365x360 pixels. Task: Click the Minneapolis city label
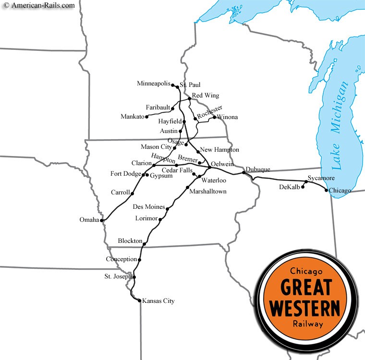pyautogui.click(x=153, y=84)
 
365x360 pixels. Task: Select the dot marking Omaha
pyautogui.click(x=102, y=220)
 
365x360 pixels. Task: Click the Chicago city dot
pyautogui.click(x=327, y=191)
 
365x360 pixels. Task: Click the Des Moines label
pyautogui.click(x=148, y=207)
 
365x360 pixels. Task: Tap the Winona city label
pyautogui.click(x=227, y=117)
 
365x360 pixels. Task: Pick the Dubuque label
pyautogui.click(x=258, y=169)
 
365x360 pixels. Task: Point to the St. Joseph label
pyautogui.click(x=118, y=276)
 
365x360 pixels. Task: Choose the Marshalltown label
pyautogui.click(x=207, y=192)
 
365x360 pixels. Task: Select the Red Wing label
pyautogui.click(x=205, y=96)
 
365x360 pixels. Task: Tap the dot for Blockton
pyautogui.click(x=145, y=244)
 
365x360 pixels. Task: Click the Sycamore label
pyautogui.click(x=321, y=178)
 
